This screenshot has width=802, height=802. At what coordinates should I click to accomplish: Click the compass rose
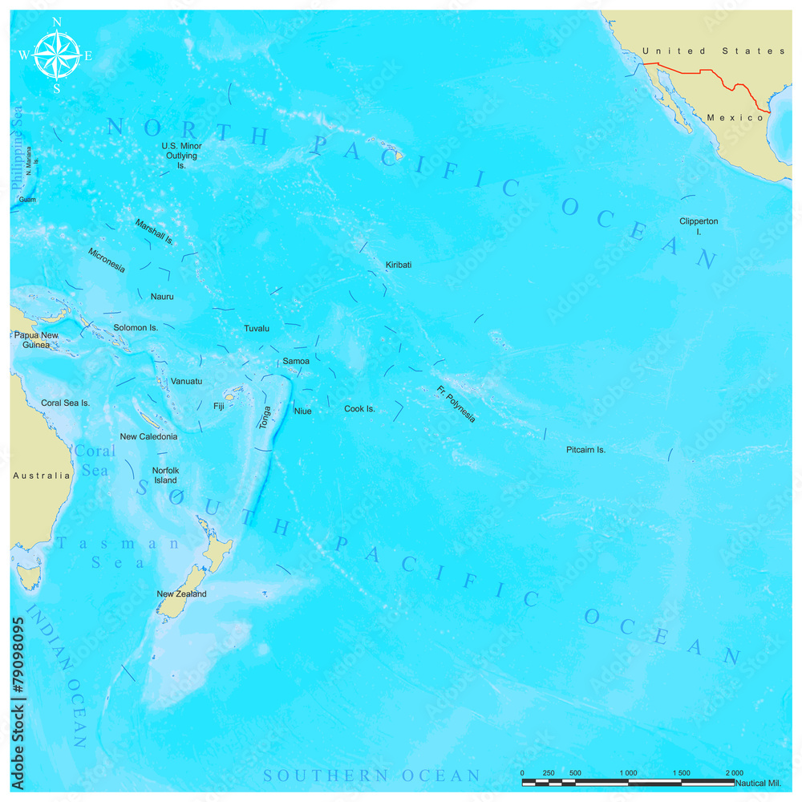pos(56,55)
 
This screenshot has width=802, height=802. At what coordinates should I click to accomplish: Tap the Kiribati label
pos(399,265)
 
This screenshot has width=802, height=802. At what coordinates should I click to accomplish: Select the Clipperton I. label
pos(699,226)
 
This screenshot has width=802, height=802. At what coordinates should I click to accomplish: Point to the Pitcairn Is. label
pos(585,450)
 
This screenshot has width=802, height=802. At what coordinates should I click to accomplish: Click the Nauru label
pos(162,297)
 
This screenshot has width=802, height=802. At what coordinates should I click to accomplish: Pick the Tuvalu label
pos(257,329)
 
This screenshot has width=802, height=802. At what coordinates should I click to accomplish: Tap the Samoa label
pos(296,362)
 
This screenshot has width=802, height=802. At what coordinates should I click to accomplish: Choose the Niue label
pos(302,411)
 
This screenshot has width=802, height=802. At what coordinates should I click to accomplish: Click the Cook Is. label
pos(359,409)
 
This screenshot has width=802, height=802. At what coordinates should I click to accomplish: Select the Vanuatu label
pos(186,382)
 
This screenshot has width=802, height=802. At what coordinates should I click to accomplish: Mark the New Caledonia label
pos(148,437)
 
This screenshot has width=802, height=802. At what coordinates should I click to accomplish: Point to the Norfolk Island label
pos(165,476)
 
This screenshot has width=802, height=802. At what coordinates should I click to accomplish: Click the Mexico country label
pos(735,118)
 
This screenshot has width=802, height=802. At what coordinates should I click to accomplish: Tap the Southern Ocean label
pos(372,776)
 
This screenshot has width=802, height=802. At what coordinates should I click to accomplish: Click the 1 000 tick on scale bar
pos(628,772)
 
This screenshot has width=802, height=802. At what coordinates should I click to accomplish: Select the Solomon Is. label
pos(136,328)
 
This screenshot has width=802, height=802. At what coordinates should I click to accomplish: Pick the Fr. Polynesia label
pos(456,404)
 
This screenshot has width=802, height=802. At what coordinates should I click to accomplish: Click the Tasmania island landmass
pos(30,576)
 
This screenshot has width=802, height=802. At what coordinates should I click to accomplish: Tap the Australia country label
pos(42,476)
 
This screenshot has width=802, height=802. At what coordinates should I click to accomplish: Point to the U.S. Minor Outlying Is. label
pos(181,156)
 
